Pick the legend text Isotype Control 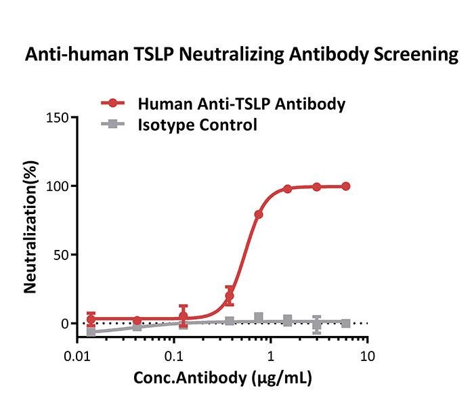tap(197, 125)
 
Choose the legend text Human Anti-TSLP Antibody tap(242, 104)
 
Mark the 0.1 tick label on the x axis tap(175, 356)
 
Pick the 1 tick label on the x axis tap(271, 356)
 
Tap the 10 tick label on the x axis tap(368, 356)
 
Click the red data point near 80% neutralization tap(259, 215)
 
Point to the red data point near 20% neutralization tap(230, 296)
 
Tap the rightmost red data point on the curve tap(346, 186)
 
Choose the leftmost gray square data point tap(91, 332)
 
